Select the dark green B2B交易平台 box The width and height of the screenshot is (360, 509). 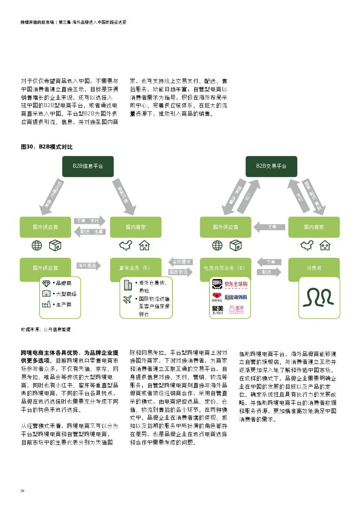[271, 166]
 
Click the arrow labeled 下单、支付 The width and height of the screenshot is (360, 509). [89, 221]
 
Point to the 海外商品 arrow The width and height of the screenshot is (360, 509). [88, 265]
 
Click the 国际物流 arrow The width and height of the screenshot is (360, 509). [179, 272]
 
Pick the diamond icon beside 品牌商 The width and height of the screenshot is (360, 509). [47, 283]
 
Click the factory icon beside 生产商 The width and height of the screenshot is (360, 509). [47, 305]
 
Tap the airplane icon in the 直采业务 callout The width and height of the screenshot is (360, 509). [128, 299]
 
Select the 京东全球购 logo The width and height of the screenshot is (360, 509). [236, 284]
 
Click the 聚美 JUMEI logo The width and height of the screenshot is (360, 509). [217, 310]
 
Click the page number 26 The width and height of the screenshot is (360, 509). [23, 491]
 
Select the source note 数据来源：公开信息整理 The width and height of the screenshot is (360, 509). [46, 329]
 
